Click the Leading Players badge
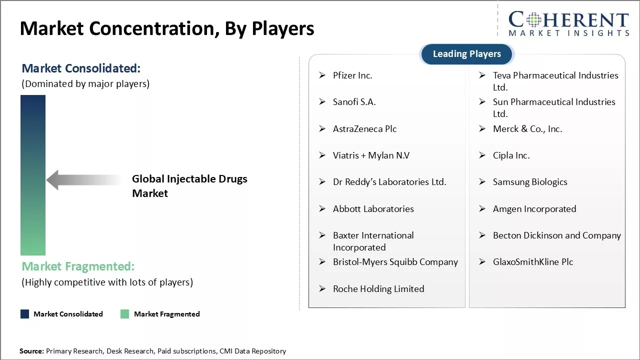coord(466,54)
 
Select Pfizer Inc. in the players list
coord(352,75)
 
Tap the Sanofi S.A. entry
coord(354,102)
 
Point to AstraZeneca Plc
coord(364,129)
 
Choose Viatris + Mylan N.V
coord(371,155)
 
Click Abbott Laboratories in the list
coord(373,209)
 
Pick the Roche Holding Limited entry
coord(378,289)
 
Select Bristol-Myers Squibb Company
coord(395,262)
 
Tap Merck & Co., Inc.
coord(527,129)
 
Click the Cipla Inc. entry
coord(511,155)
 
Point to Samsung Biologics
coord(529,182)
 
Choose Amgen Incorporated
coord(534,209)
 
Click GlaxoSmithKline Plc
coord(532,262)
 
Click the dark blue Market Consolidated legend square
coord(24,314)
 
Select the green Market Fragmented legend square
coord(125,314)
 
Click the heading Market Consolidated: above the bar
coord(81,68)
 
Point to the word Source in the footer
coord(31,351)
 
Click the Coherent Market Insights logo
coord(568,23)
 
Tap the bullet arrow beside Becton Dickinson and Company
coord(482,235)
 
